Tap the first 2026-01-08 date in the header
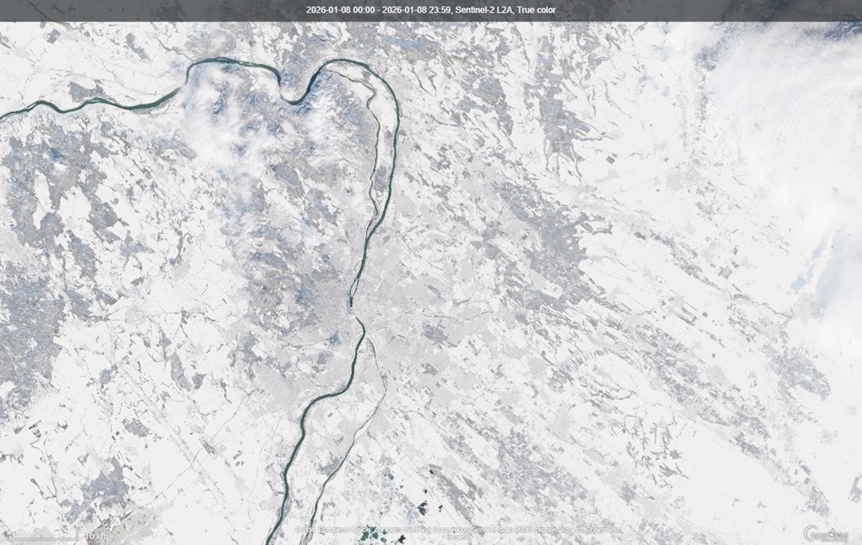pos(328,10)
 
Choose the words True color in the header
pos(536,10)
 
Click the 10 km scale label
pos(96,536)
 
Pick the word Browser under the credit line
pos(459,537)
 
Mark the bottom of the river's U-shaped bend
pos(294,102)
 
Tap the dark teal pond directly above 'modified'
pos(423,507)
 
